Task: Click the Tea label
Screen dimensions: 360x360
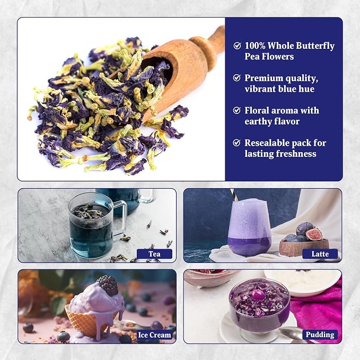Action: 154,254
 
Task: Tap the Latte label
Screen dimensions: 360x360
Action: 320,254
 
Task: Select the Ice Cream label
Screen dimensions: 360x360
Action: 154,335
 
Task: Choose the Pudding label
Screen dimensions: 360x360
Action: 320,335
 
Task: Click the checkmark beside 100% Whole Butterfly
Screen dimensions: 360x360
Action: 237,46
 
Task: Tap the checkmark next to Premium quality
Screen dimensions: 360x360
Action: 237,78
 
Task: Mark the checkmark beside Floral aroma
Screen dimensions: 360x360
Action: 237,110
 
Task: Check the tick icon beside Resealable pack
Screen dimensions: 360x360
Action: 237,143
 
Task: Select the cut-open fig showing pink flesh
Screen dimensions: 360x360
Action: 313,234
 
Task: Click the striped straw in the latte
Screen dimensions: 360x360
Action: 232,195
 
